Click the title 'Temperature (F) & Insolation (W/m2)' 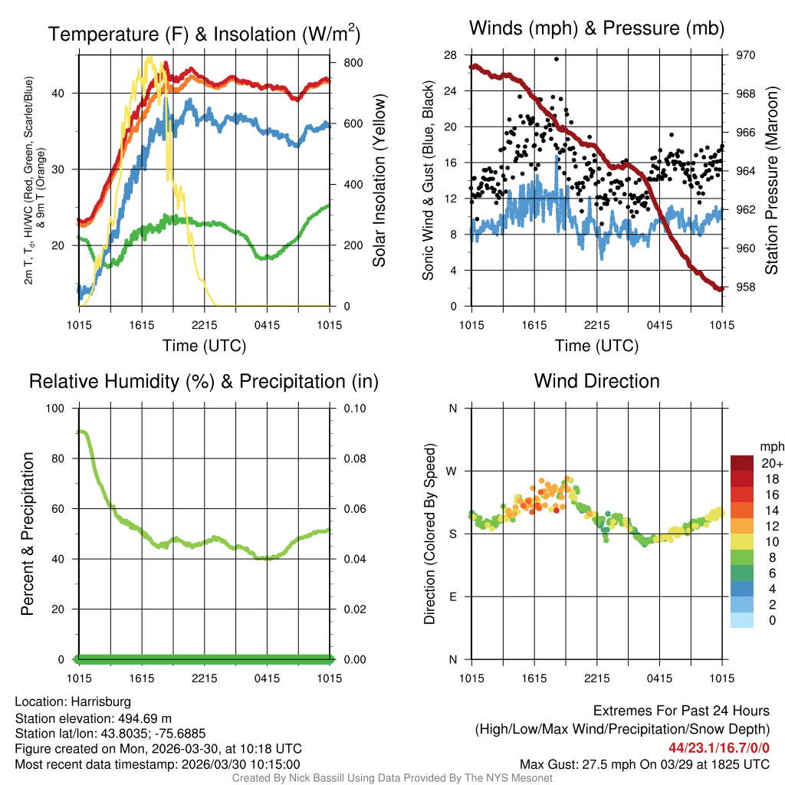click(x=204, y=34)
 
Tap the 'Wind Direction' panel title click(x=596, y=381)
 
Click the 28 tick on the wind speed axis click(x=450, y=55)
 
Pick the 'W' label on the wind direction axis click(x=452, y=471)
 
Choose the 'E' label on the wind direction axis click(x=453, y=596)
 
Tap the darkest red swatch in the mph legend click(x=742, y=464)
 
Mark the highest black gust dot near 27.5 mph click(x=557, y=58)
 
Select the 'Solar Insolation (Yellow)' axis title click(x=379, y=181)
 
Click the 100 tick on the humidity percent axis click(x=57, y=409)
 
